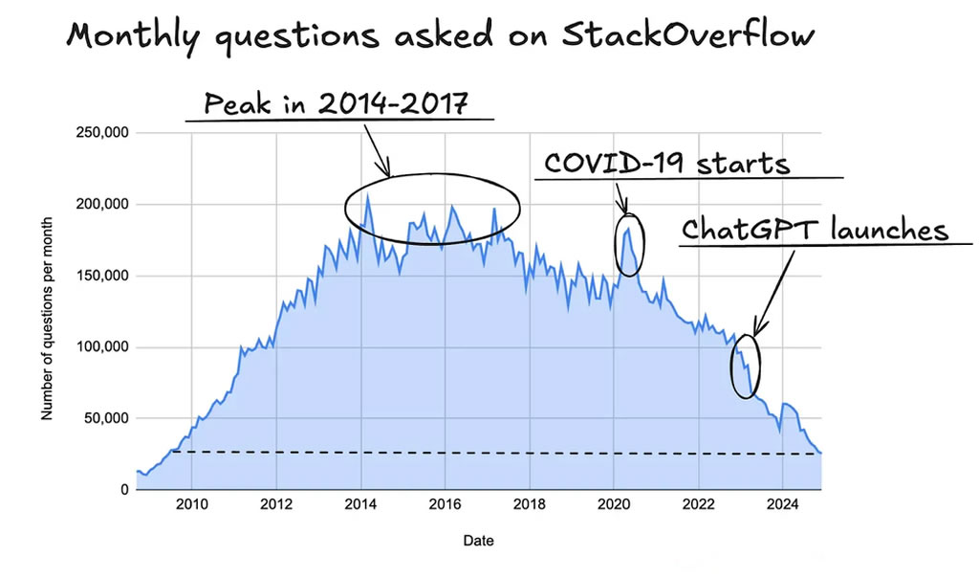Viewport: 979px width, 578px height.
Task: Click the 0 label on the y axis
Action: [123, 490]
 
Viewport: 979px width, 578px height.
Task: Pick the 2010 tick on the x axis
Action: [192, 506]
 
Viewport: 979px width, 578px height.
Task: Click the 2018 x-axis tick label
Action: [529, 506]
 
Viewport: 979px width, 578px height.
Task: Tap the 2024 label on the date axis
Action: [782, 506]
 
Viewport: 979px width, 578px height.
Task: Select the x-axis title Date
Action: [478, 541]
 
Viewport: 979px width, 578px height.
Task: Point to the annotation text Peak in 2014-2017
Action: [337, 102]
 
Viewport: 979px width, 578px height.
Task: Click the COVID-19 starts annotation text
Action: [667, 163]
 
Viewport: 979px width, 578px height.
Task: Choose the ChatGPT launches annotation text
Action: [814, 230]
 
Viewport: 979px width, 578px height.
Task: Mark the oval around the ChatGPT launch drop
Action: [746, 366]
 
